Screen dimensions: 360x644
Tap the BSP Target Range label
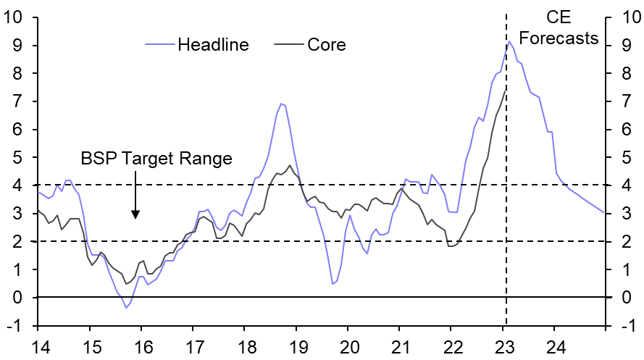[x=156, y=159]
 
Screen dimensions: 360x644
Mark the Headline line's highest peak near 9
[x=509, y=41]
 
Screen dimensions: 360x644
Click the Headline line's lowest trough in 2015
[x=125, y=308]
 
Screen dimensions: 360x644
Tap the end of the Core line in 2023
[x=505, y=90]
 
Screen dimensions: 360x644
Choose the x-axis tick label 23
[x=503, y=346]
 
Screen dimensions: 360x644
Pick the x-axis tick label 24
[x=555, y=346]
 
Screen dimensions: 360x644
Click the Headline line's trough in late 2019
[x=333, y=283]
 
